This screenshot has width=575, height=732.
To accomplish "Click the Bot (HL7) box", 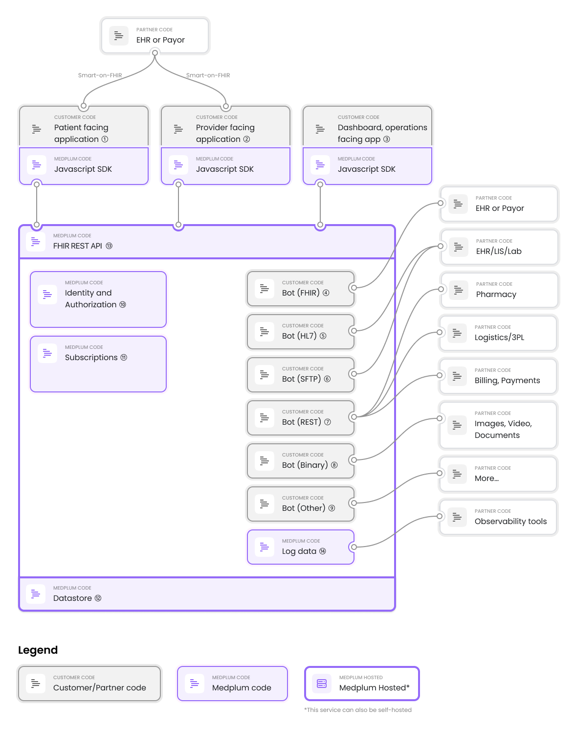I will click(x=301, y=332).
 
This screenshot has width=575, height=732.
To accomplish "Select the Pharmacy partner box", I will click(x=499, y=290).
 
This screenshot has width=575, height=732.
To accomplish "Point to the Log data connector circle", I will click(x=354, y=547).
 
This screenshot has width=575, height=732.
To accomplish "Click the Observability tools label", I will click(x=510, y=521).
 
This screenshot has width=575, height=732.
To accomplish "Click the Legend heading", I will click(x=38, y=650).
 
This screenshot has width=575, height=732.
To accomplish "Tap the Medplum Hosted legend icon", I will click(x=322, y=683).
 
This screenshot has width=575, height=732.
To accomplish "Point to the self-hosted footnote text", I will click(x=358, y=710).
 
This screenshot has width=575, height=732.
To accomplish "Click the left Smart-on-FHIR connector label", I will click(x=100, y=75).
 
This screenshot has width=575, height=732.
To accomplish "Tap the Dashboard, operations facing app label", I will click(x=382, y=133).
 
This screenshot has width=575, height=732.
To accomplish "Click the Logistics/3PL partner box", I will click(x=498, y=333).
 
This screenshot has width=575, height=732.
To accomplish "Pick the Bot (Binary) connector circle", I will click(x=354, y=460).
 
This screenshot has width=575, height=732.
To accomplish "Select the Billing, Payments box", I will click(x=498, y=376).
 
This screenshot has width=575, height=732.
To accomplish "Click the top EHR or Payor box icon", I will click(x=119, y=36).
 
